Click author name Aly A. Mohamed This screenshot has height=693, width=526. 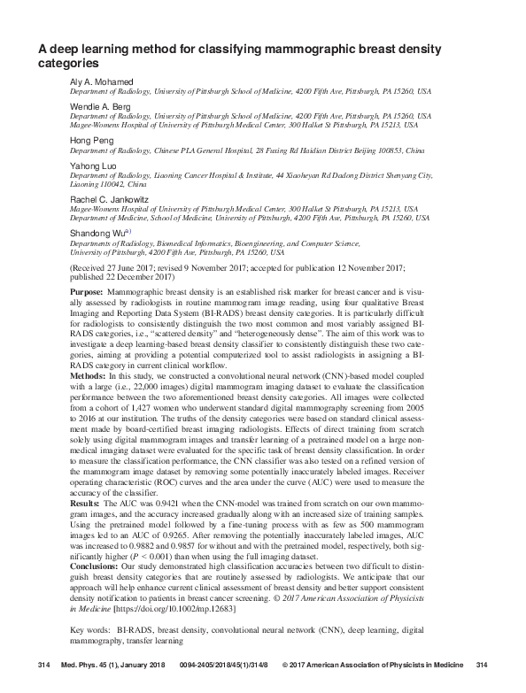coord(100,82)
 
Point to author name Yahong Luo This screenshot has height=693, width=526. coord(92,166)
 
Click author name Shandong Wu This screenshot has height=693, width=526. coord(97,233)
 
